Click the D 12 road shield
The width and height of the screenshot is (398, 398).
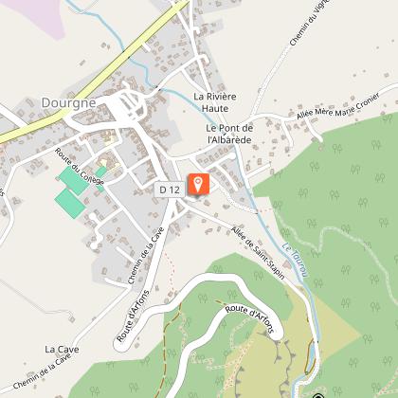tap(170, 190)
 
